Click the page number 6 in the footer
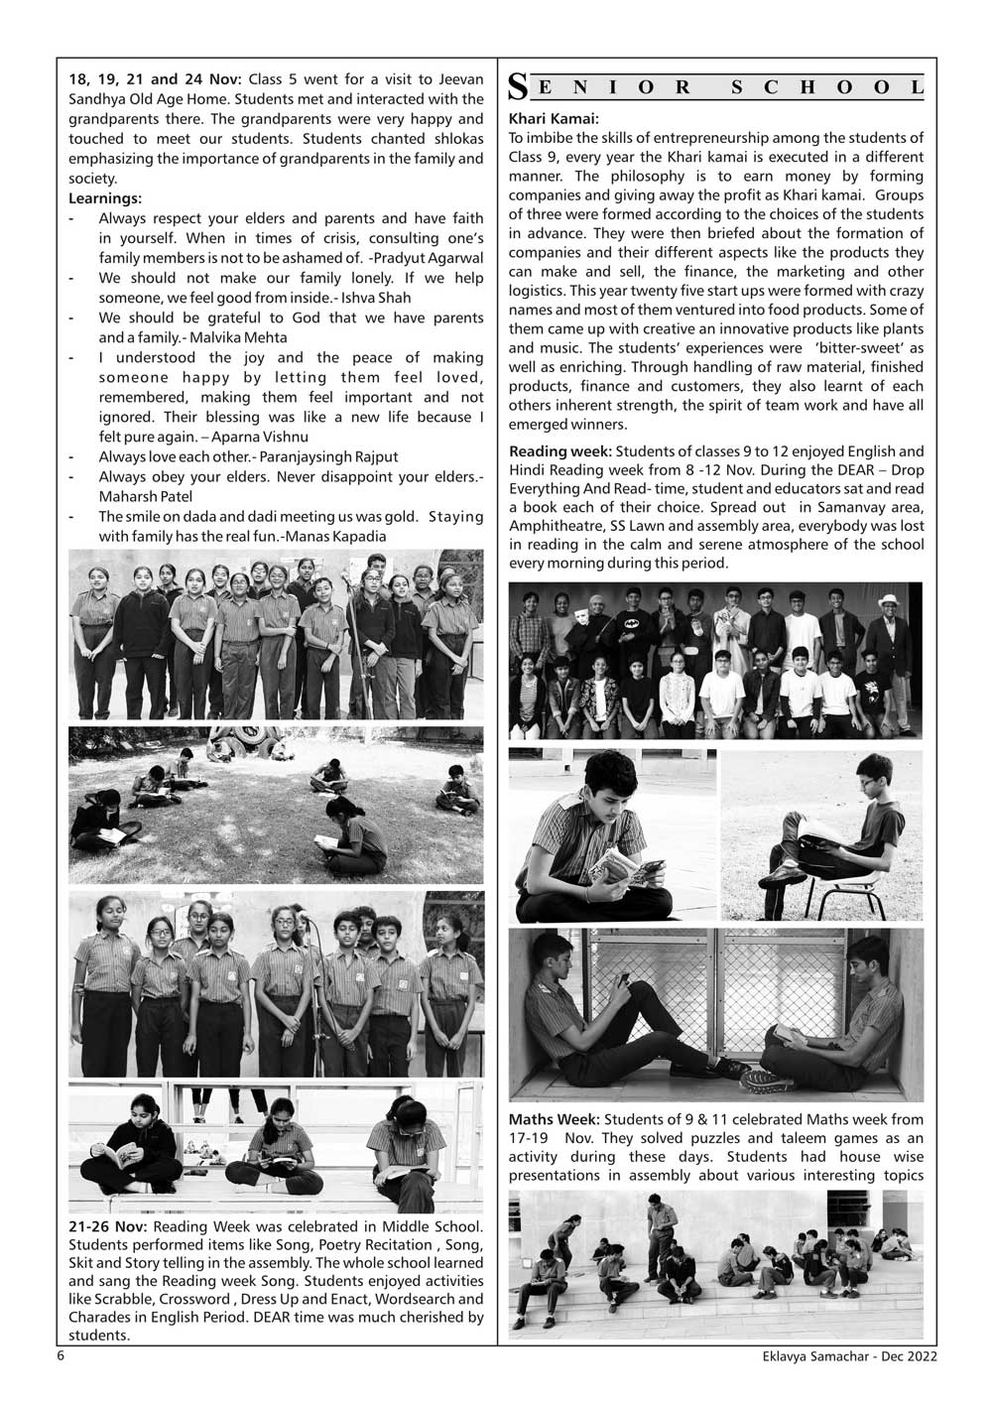click(61, 1356)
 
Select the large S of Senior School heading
click(517, 86)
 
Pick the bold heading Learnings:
click(105, 198)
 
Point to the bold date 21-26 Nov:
click(108, 1227)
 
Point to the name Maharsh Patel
click(145, 496)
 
